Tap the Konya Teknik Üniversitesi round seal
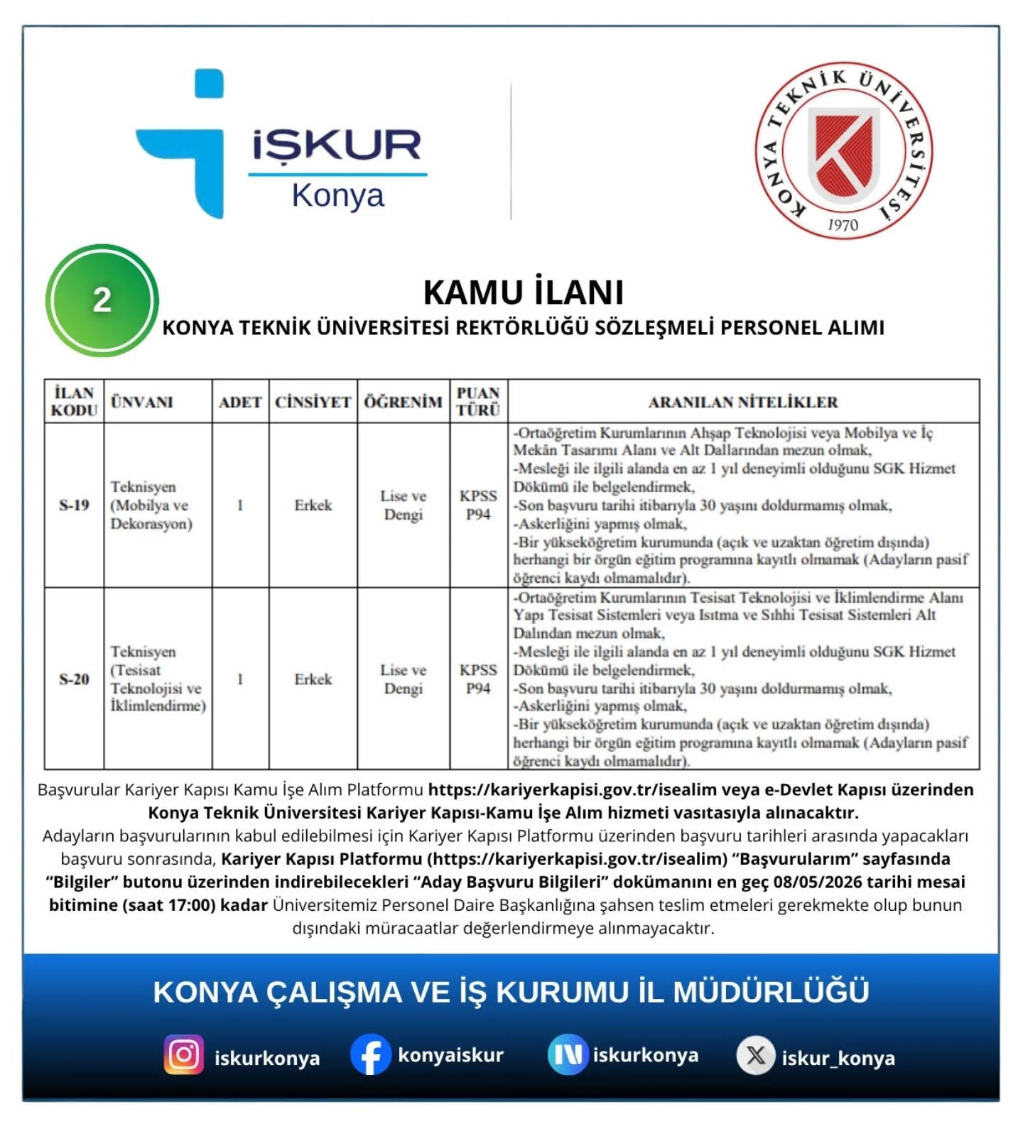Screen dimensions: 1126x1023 click(843, 151)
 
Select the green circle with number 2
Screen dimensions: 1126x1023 click(102, 300)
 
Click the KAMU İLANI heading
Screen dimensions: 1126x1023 click(524, 292)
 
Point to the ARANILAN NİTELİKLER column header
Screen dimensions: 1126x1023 click(743, 402)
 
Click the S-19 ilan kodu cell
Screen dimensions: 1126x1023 click(74, 505)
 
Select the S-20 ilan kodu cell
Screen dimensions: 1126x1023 click(74, 679)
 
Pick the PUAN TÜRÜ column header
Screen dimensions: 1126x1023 click(478, 401)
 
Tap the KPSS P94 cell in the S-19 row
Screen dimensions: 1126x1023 click(478, 505)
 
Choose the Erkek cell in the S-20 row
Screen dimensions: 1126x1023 click(313, 679)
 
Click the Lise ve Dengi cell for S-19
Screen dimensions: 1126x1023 click(403, 505)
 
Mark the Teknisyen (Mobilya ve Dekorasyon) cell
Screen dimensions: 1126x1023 click(151, 505)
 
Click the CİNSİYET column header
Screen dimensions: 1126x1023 click(313, 402)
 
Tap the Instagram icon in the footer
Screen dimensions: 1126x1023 click(184, 1055)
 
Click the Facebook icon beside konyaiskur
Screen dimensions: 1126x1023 click(371, 1055)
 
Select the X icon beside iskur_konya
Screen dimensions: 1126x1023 click(756, 1056)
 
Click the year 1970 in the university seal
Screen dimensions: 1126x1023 click(843, 224)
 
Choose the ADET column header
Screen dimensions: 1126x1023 click(240, 402)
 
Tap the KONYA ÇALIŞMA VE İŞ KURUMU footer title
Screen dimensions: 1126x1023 click(511, 992)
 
